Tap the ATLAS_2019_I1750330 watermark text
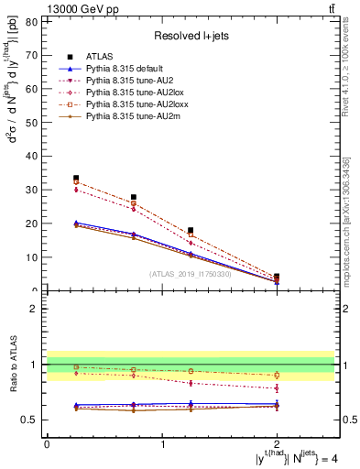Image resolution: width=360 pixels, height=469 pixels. click(190, 275)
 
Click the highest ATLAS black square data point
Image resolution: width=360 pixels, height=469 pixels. click(76, 178)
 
